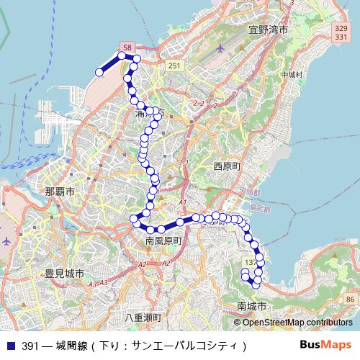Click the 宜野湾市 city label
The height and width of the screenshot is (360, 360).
point(268,30)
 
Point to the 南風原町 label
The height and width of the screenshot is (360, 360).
point(166,240)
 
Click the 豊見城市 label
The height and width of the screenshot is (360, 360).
point(65,274)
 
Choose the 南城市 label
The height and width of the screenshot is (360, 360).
point(251,306)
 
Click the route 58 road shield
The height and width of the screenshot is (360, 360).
point(127,47)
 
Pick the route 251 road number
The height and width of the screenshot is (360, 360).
point(174,66)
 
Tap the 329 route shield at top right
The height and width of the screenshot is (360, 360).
point(341,27)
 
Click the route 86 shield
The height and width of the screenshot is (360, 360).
point(349,299)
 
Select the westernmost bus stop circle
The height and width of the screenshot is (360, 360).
point(99,72)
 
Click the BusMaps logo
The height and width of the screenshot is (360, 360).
point(325,345)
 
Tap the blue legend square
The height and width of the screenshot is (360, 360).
point(10,346)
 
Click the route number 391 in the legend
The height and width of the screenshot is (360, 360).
point(30,346)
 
